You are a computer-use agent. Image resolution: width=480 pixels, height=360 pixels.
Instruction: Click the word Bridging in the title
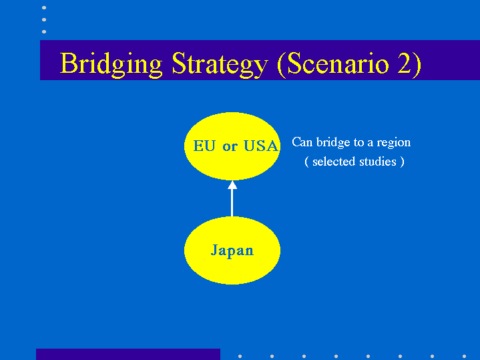point(111,64)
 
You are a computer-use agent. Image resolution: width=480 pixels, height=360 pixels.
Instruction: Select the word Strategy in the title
point(220,64)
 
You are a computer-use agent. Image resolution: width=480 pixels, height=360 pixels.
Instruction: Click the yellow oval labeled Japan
point(232,250)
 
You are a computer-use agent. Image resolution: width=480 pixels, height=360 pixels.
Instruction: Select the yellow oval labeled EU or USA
point(232,146)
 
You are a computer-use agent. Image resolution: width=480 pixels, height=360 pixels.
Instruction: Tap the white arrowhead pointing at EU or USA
point(232,185)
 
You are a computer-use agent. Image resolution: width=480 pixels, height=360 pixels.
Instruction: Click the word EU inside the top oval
point(204,146)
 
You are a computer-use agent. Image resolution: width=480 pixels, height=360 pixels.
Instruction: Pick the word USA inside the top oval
point(260,146)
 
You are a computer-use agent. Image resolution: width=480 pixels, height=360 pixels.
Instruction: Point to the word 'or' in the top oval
point(230,147)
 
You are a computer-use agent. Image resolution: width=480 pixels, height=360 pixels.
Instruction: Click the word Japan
point(232,250)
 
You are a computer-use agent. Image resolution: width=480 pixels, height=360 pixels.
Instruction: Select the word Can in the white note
point(302,142)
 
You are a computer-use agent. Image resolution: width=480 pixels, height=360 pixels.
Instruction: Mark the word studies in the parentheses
point(378,162)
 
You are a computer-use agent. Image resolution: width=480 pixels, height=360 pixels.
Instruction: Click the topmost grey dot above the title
point(44,7)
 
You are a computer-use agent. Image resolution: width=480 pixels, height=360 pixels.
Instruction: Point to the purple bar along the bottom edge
point(128,354)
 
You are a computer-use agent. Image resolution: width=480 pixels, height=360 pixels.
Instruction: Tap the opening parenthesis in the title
point(281,64)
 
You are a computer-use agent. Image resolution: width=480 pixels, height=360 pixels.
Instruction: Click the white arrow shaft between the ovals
point(232,203)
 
